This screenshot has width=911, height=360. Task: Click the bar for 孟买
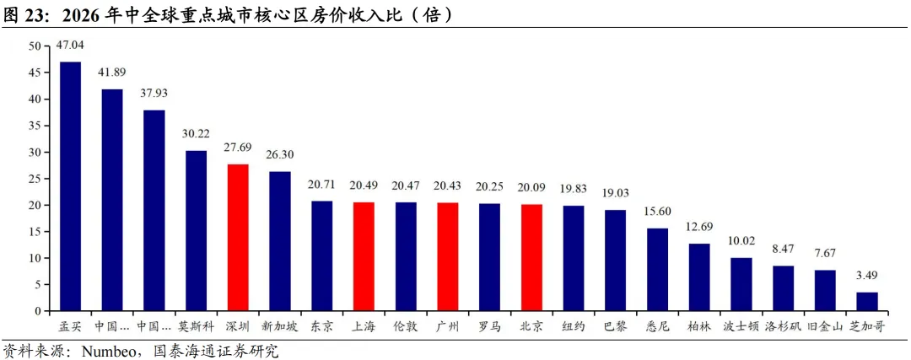point(70,186)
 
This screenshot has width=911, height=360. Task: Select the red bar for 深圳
point(238,238)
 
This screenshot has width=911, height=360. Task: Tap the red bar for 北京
point(531,258)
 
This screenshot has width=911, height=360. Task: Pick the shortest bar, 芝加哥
point(867,302)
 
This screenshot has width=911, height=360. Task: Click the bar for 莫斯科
point(196,231)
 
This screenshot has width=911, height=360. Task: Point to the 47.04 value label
point(70,44)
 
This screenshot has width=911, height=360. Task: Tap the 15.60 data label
point(658,212)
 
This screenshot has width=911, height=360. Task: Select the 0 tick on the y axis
point(37,311)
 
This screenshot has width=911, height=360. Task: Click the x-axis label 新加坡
point(279,327)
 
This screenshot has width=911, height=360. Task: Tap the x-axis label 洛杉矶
point(783,327)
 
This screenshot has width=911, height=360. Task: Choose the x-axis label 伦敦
point(406,327)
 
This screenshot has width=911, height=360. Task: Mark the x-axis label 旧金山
point(825,327)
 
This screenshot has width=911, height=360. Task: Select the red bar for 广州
point(447,257)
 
